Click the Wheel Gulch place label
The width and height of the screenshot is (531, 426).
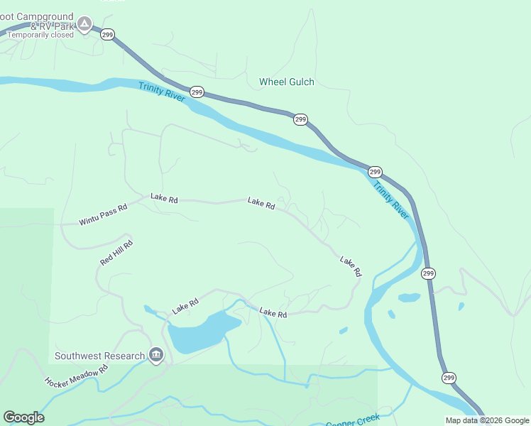tap(286, 82)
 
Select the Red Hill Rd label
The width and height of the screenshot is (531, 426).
tap(116, 253)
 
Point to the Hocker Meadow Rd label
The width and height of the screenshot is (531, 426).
tap(76, 376)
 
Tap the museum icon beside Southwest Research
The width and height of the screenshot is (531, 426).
tap(156, 354)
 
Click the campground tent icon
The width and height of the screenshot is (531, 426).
tap(84, 25)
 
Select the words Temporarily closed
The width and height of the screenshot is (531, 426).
tap(40, 34)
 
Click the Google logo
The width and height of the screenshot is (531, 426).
tap(23, 417)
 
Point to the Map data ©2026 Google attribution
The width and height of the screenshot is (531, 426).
tap(487, 420)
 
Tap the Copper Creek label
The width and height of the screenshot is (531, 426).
tap(353, 421)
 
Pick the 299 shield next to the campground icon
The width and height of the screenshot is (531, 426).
tap(107, 34)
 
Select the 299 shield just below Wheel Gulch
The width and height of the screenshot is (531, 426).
tap(300, 119)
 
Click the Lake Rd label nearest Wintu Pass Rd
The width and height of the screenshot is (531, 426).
tap(163, 200)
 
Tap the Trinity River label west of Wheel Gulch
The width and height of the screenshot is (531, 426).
tap(163, 92)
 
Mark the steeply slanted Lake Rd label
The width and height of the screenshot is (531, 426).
tap(351, 266)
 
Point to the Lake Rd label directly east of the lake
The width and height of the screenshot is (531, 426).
tap(273, 312)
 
